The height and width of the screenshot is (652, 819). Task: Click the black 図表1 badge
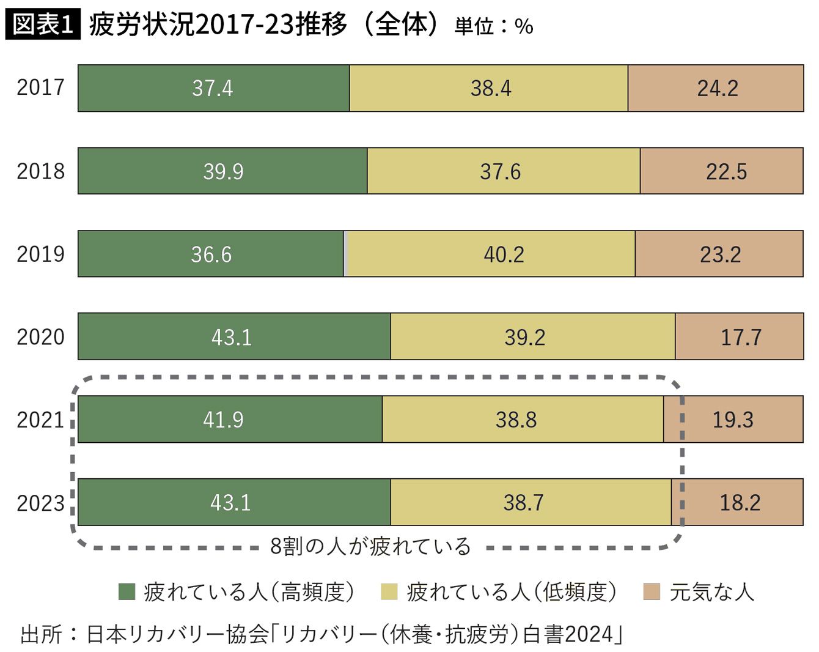point(43,24)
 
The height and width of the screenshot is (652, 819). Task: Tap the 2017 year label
point(40,87)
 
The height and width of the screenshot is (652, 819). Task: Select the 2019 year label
point(40,254)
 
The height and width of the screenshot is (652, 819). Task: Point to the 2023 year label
point(40,503)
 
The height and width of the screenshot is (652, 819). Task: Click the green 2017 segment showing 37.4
point(213,88)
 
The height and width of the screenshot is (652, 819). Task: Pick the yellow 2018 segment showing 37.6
point(504,171)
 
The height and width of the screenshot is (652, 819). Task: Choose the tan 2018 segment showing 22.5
point(722,171)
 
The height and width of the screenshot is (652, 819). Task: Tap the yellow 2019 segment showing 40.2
point(491,254)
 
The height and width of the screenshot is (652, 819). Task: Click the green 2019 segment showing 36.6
point(211,254)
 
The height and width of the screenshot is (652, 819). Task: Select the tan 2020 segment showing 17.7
point(740,336)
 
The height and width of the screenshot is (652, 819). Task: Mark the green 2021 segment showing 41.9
point(230,419)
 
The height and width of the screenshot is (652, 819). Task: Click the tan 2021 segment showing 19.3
point(733,419)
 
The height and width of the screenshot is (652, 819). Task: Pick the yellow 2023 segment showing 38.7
point(531,502)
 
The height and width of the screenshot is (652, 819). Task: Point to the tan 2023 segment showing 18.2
point(737,502)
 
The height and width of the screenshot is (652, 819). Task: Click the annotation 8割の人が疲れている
point(370,547)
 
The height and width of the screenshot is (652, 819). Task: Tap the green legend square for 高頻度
point(127,592)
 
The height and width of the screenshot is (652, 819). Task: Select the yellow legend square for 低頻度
point(389,592)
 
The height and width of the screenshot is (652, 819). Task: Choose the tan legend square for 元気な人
point(652,592)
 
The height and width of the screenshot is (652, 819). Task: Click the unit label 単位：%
point(494,26)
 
